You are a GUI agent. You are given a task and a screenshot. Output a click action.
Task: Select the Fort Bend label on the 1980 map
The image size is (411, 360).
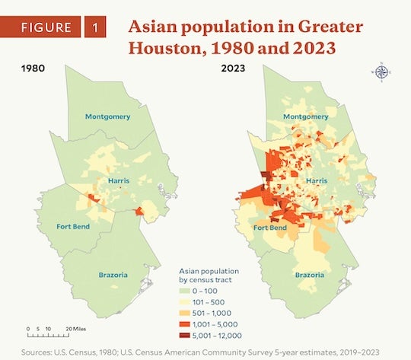click(75, 226)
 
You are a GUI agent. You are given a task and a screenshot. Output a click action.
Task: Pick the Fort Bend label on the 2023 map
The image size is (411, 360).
click(270, 227)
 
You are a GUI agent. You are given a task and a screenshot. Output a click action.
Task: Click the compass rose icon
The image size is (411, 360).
click(381, 73)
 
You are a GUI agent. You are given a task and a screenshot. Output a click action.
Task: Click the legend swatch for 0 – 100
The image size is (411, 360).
click(185, 292)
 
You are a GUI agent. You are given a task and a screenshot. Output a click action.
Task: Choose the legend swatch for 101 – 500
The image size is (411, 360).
click(185, 302)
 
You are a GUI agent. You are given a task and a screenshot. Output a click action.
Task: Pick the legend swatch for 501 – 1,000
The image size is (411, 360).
click(185, 313)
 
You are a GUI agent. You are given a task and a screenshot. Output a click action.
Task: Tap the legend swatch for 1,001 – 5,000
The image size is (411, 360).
click(185, 323)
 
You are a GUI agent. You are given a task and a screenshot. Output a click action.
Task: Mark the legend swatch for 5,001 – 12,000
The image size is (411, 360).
click(185, 334)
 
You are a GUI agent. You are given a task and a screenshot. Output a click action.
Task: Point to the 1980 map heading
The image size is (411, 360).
click(33, 68)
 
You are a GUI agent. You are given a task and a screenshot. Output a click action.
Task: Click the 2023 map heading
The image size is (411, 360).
click(233, 68)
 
